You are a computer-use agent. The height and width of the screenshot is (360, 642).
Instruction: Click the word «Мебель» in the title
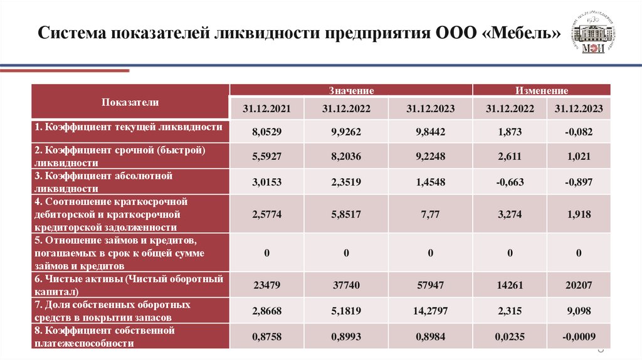pos(522,33)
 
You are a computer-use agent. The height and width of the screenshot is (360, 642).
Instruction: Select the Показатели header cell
pos(130,102)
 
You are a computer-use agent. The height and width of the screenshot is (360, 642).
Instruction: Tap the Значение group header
pos(350,90)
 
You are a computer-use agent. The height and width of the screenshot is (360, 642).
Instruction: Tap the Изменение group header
pos(541,90)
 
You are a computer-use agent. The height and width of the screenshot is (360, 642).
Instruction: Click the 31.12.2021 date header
pos(266,109)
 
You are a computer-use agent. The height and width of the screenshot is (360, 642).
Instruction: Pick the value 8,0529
pos(266,132)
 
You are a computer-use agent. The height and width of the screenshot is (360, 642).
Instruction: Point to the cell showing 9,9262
pos(346,132)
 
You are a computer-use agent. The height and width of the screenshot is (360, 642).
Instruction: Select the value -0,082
pos(578,132)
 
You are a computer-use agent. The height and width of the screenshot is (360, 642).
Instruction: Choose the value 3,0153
pos(266,183)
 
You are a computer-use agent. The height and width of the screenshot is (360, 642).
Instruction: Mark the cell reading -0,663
pos(509,183)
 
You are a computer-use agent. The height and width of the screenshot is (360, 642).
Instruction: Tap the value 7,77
pos(430,214)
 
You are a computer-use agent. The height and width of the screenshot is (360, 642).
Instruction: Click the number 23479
pos(266,285)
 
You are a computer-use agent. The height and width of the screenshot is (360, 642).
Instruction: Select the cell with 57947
pos(430,285)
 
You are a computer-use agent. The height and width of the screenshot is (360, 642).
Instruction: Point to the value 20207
pos(578,285)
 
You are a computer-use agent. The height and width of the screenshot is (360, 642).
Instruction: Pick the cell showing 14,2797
pos(430,310)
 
